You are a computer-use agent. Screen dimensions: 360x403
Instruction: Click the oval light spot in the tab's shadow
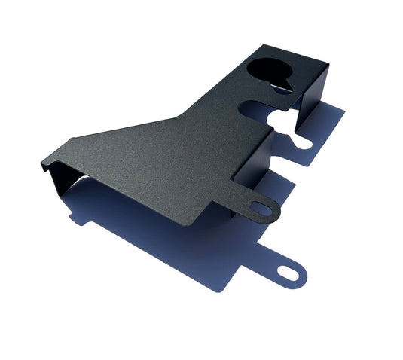coord(288,272)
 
